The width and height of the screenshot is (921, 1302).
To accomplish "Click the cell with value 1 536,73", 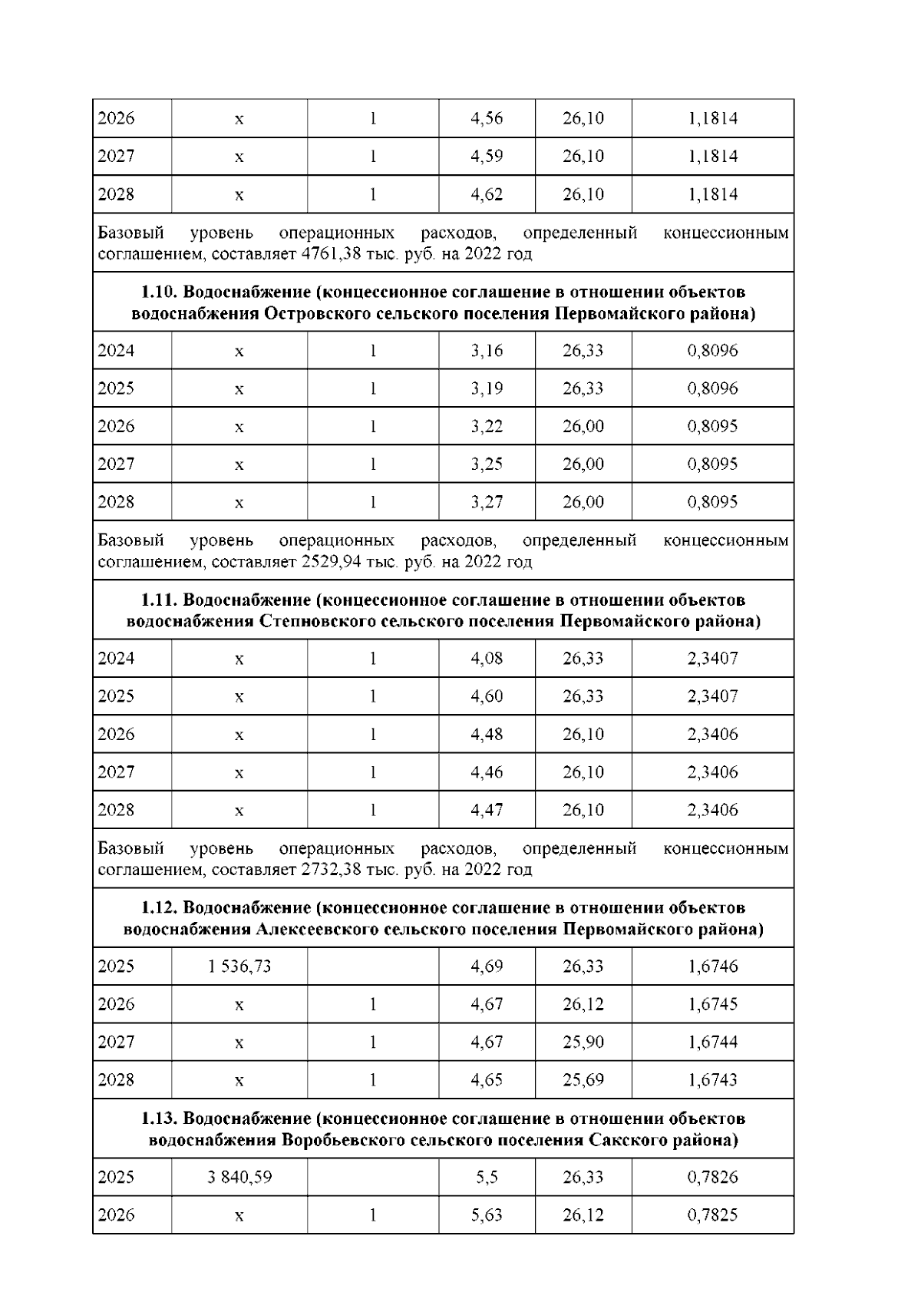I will [239, 966].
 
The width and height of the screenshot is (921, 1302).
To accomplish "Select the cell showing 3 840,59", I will [239, 1176].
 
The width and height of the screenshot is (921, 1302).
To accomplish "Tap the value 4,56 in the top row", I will [487, 118].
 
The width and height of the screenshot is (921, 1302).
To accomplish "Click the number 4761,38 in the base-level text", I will [328, 254].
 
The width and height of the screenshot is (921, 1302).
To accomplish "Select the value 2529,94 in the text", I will [328, 562].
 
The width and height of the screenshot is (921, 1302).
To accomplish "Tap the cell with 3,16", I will [487, 351].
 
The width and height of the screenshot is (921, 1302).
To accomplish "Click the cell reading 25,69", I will [583, 1079].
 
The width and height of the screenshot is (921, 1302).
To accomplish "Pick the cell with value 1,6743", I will [712, 1079].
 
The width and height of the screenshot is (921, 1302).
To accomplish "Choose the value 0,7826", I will [712, 1176].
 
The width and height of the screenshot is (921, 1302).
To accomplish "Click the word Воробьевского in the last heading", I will [342, 1140].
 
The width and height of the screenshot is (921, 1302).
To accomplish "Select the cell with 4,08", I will [487, 658].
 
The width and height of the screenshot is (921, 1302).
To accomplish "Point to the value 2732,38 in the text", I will [328, 870].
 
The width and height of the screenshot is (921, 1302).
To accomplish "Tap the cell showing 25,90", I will [583, 1042].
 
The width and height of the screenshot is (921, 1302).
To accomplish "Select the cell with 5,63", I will [487, 1214].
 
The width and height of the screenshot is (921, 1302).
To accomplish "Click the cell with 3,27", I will [487, 502].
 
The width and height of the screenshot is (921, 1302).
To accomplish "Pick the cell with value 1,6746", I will [712, 966].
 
